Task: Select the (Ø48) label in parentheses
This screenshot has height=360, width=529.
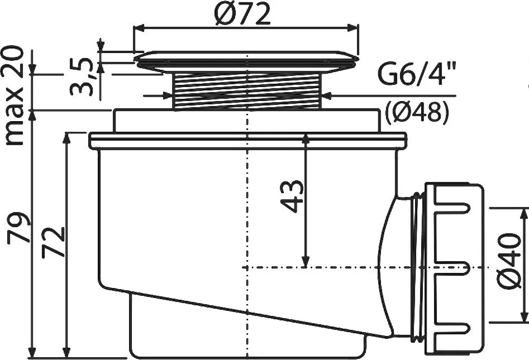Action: coord(417,113)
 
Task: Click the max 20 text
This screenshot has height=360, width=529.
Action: coord(15,96)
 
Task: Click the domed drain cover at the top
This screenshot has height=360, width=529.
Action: coord(246,60)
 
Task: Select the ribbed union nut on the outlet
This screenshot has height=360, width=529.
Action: coord(454,268)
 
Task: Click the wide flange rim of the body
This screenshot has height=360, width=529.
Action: coord(246,141)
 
